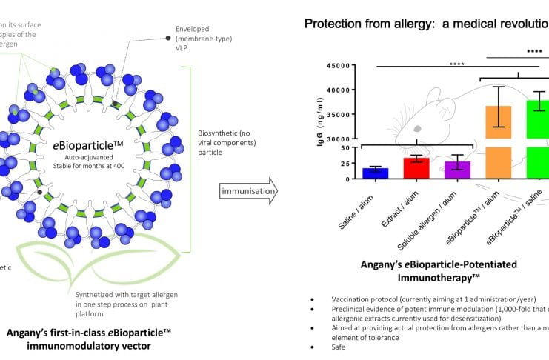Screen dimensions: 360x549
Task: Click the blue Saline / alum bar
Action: [371, 173]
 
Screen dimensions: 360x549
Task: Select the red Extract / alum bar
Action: [416, 168]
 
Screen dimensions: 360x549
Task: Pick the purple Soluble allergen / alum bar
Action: [457, 170]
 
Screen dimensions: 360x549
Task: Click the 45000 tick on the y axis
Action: [337, 66]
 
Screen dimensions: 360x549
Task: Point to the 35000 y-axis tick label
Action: [337, 115]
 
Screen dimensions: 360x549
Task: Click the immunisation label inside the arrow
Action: [247, 192]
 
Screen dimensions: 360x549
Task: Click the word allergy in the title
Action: [422, 24]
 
